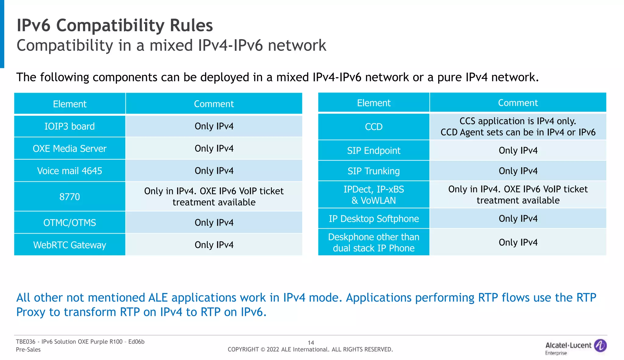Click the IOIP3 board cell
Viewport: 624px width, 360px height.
pos(69,126)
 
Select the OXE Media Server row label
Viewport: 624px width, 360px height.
pos(69,148)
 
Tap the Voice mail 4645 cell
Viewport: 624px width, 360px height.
pos(69,171)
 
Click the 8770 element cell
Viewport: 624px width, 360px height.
pos(69,196)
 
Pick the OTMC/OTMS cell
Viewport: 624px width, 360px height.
pos(69,223)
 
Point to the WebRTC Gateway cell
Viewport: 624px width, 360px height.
pos(69,245)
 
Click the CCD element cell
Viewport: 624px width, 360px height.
pos(374,127)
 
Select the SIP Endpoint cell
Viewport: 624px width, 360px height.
pos(374,150)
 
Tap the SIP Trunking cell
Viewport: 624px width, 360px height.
pos(374,171)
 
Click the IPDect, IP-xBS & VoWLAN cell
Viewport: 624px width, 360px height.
pos(374,195)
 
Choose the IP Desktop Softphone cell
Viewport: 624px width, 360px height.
pos(374,219)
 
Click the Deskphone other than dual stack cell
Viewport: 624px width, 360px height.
pos(374,242)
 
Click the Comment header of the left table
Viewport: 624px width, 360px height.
pos(214,104)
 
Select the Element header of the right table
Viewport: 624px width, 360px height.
pos(374,103)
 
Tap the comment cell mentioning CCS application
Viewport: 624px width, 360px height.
pos(518,127)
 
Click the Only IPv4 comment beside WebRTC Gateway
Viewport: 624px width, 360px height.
pos(214,245)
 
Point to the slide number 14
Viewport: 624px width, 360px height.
pos(311,343)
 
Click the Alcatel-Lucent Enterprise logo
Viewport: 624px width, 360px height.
pos(575,347)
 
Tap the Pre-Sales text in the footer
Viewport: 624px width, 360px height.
pos(28,350)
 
